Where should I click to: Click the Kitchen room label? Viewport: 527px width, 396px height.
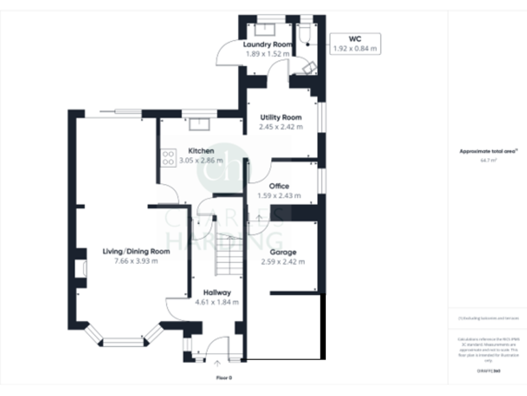coord(201,151)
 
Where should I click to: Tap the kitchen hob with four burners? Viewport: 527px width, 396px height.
coord(167,159)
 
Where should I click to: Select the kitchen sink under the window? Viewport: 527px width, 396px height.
coord(200,124)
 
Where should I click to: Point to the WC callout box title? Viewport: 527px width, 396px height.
coord(355,39)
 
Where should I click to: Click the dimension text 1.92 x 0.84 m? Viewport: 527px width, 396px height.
coord(355,49)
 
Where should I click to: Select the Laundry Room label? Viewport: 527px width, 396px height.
coord(268,44)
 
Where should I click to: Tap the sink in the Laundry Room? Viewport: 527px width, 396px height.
coord(265,28)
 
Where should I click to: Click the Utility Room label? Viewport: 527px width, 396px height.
coord(281,118)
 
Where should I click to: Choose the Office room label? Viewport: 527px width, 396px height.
coord(279,186)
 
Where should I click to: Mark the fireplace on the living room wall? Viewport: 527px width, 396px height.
coord(81,268)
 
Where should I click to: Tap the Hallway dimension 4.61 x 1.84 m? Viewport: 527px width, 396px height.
coord(217,302)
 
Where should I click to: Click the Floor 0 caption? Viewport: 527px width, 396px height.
coord(224,378)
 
